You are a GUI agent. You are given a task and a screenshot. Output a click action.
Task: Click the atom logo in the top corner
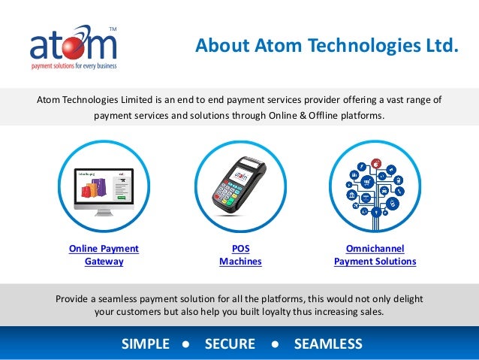click(74, 47)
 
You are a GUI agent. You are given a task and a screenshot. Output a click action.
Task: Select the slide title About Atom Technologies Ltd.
click(326, 47)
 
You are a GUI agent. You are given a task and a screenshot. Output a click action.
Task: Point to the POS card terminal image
click(240, 185)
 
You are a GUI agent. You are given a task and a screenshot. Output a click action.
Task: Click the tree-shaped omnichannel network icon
click(375, 185)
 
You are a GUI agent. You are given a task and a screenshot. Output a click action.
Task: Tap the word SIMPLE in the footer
click(146, 344)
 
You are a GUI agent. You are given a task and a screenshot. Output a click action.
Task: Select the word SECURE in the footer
click(230, 344)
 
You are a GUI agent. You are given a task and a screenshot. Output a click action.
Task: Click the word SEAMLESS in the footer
click(328, 344)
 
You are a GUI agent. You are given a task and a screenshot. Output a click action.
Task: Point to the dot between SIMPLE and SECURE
click(185, 344)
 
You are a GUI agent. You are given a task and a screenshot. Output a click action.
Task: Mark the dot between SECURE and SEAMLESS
click(275, 344)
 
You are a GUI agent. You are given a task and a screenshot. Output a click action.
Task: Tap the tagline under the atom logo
click(74, 67)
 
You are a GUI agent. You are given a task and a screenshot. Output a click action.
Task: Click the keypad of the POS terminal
click(233, 195)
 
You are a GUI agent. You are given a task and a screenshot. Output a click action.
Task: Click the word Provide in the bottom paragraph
click(74, 298)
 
